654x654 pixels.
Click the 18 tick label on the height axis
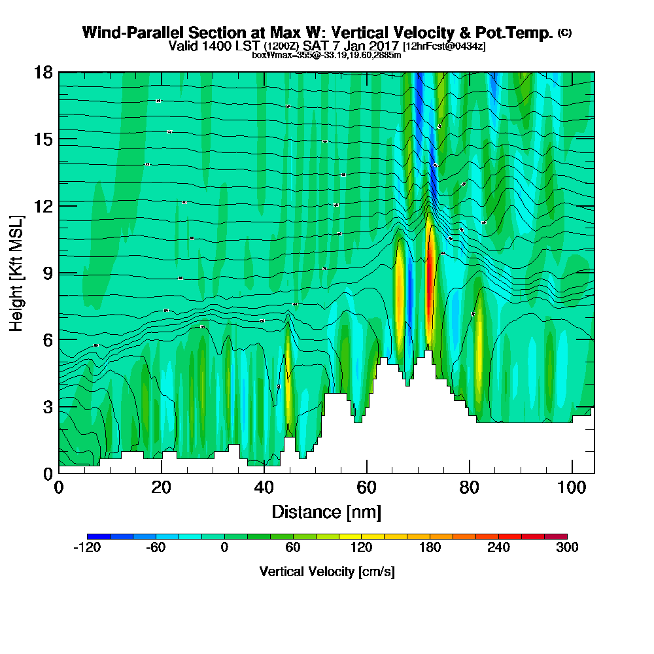[43, 72]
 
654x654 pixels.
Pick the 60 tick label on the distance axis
[366, 487]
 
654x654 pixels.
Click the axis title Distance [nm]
[326, 511]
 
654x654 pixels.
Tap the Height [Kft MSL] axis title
[16, 272]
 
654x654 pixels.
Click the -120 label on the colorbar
[86, 548]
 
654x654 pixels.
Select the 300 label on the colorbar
[567, 548]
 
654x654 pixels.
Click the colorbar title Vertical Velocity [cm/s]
[326, 572]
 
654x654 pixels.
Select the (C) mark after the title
[564, 33]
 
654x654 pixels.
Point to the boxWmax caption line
[326, 55]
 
